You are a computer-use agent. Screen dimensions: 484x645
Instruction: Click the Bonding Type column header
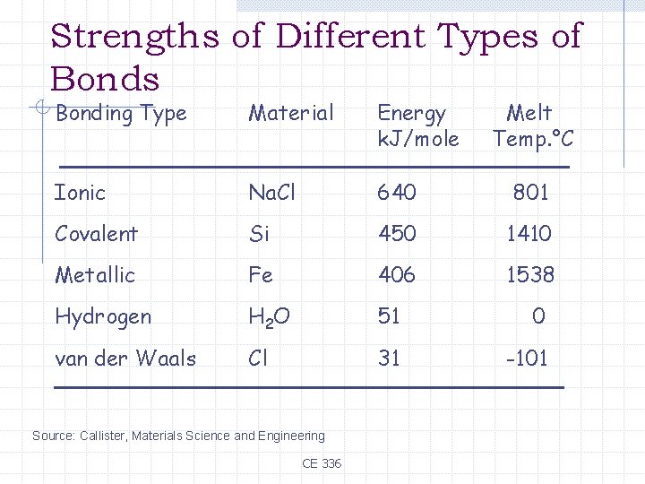pyautogui.click(x=121, y=114)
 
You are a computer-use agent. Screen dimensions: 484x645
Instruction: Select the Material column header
pyautogui.click(x=291, y=114)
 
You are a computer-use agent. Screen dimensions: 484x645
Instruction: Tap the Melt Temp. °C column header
pyautogui.click(x=532, y=125)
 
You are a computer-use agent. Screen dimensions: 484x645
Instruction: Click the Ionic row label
pyautogui.click(x=80, y=193)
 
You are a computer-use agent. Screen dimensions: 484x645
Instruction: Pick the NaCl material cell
pyautogui.click(x=272, y=193)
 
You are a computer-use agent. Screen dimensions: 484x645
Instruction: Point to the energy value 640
pyautogui.click(x=397, y=193)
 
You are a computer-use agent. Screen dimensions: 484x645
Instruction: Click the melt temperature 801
pyautogui.click(x=530, y=193)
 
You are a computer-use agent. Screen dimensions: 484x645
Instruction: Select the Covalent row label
pyautogui.click(x=97, y=234)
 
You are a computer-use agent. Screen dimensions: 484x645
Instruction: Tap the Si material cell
pyautogui.click(x=259, y=234)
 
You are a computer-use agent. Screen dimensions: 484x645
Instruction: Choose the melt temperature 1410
pyautogui.click(x=529, y=234)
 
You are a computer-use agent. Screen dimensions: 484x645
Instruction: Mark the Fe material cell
pyautogui.click(x=261, y=275)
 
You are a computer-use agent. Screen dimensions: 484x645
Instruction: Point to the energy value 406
pyautogui.click(x=397, y=275)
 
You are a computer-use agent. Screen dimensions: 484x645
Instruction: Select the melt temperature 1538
pyautogui.click(x=530, y=275)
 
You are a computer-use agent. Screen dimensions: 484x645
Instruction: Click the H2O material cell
pyautogui.click(x=270, y=317)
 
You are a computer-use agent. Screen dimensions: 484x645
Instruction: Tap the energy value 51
pyautogui.click(x=389, y=316)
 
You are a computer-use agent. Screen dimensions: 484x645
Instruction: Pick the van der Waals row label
pyautogui.click(x=125, y=359)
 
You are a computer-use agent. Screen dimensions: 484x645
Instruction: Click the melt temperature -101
pyautogui.click(x=527, y=359)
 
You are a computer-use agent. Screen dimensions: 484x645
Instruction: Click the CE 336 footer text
pyautogui.click(x=322, y=463)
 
